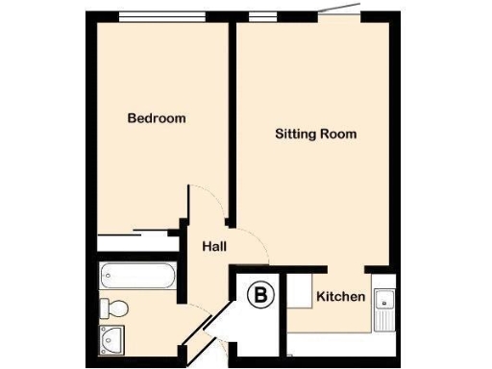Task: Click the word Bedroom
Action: click(157, 118)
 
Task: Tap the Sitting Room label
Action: click(315, 135)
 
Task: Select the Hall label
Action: click(214, 247)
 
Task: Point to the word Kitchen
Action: click(341, 297)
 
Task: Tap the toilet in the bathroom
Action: click(113, 308)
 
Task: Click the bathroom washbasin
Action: click(112, 337)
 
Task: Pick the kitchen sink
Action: click(385, 306)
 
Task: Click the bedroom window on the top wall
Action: click(161, 15)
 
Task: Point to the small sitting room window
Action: click(258, 15)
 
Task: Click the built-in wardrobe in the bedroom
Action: click(137, 234)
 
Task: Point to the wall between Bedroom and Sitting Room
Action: click(233, 106)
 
